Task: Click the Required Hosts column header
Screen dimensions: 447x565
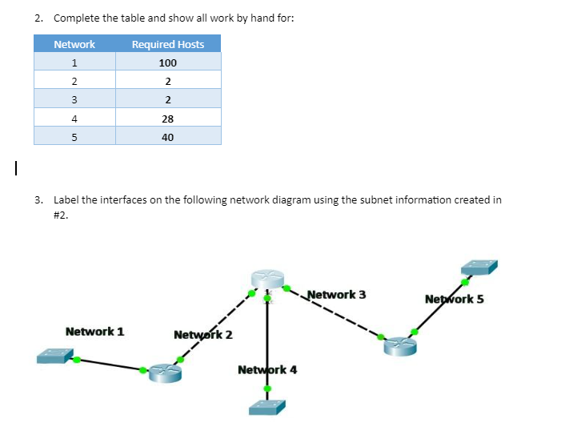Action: [167, 44]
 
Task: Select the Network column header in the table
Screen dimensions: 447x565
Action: [74, 44]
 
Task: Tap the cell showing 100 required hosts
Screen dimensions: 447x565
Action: [167, 62]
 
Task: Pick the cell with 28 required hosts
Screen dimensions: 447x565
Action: [167, 119]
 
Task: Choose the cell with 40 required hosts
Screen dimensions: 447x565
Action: [167, 137]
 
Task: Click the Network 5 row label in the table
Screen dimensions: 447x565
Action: [74, 137]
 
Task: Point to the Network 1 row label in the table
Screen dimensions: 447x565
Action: [74, 62]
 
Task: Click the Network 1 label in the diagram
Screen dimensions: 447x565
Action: [94, 331]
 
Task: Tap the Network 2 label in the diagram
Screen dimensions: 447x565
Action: [202, 334]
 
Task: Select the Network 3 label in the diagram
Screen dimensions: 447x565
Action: [336, 295]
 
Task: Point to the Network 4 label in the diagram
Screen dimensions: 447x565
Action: [267, 369]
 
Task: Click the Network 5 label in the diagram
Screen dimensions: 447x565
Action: [455, 300]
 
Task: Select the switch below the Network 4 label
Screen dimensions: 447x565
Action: [266, 407]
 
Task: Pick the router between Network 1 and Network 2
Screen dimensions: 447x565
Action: [163, 374]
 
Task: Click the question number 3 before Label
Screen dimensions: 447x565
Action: [39, 199]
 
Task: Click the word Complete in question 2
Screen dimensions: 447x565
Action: [74, 18]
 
